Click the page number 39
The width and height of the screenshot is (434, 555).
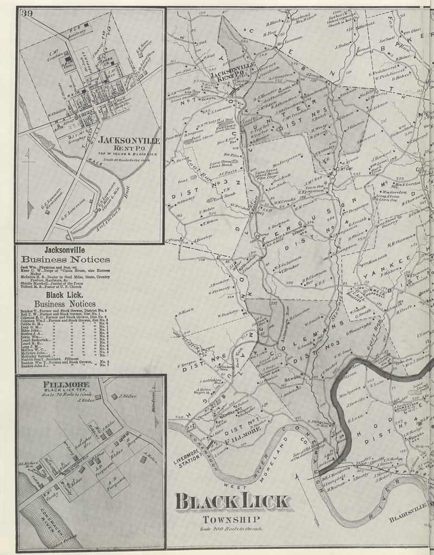point(27,14)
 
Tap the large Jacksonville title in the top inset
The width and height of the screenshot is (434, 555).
point(129,140)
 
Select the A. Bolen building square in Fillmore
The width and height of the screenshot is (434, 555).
point(143,459)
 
